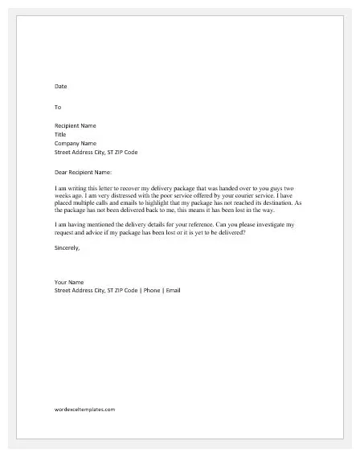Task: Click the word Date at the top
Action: click(x=60, y=86)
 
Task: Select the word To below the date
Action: click(x=57, y=106)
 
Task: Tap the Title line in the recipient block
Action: click(x=60, y=134)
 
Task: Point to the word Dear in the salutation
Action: click(x=62, y=171)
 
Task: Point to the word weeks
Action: click(x=64, y=195)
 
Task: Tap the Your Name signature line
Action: click(x=69, y=282)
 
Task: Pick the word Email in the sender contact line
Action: click(x=172, y=290)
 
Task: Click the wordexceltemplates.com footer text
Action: click(x=84, y=409)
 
